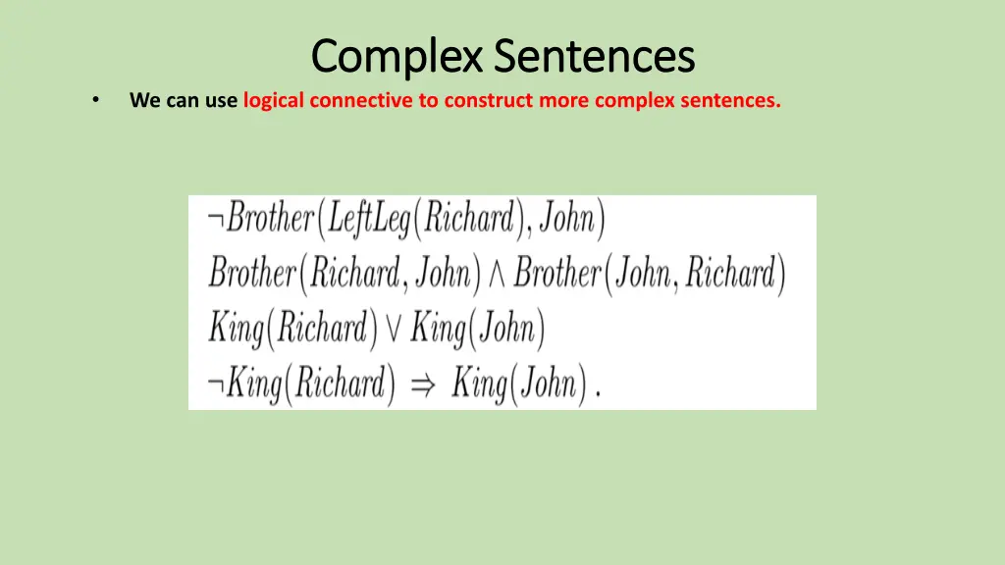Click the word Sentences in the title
coord(594,56)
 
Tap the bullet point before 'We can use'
coord(95,100)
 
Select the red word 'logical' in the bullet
coord(273,100)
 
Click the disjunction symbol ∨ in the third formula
coord(393,329)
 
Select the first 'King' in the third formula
coord(236,329)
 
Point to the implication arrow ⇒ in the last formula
coord(422,385)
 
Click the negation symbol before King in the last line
coord(215,385)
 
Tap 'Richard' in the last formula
coord(335,384)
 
